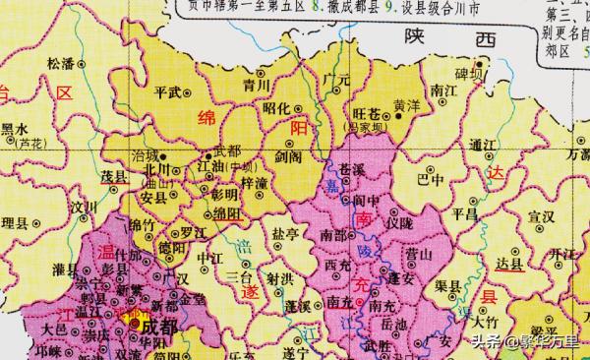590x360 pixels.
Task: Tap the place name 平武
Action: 174,92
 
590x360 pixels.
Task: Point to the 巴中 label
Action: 430,181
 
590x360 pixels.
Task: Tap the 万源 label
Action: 577,155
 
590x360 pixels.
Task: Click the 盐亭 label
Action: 286,234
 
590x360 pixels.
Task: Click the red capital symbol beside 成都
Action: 134,324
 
